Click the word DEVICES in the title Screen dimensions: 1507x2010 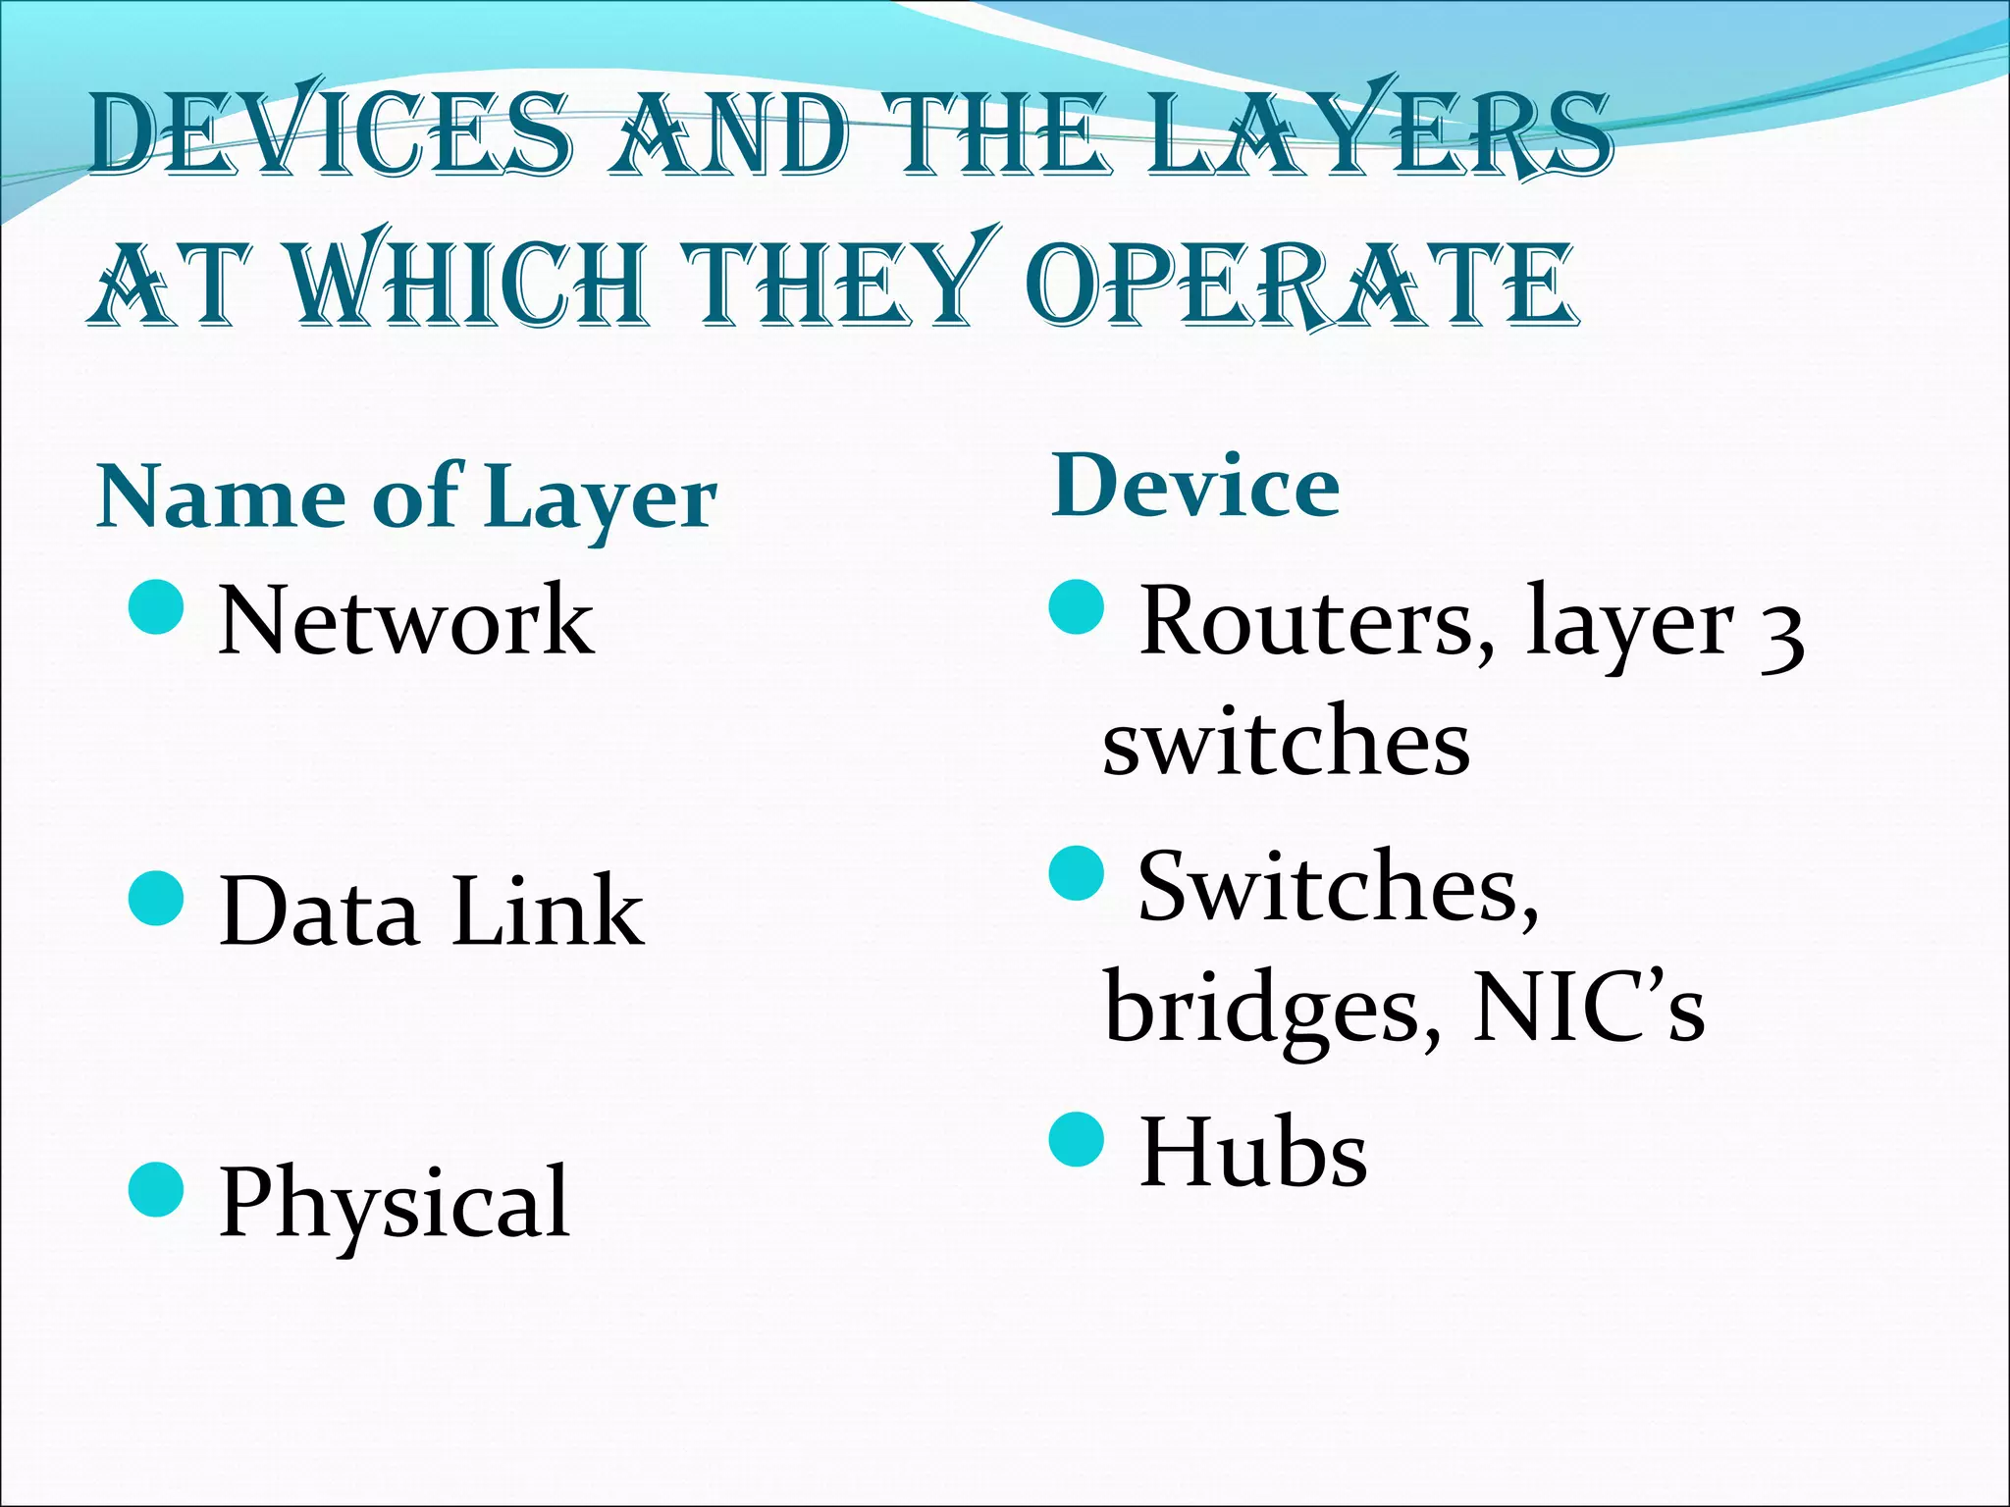coord(329,134)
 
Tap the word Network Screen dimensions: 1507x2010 coord(406,620)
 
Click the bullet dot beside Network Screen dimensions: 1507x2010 coord(156,607)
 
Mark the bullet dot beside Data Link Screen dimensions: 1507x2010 coord(156,899)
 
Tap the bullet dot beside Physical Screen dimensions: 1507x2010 coord(156,1190)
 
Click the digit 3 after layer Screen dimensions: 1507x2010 coord(1781,638)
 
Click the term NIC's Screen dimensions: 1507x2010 coord(1588,1009)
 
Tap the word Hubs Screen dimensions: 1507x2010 coord(1253,1153)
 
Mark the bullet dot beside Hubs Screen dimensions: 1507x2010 coord(1077,1139)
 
